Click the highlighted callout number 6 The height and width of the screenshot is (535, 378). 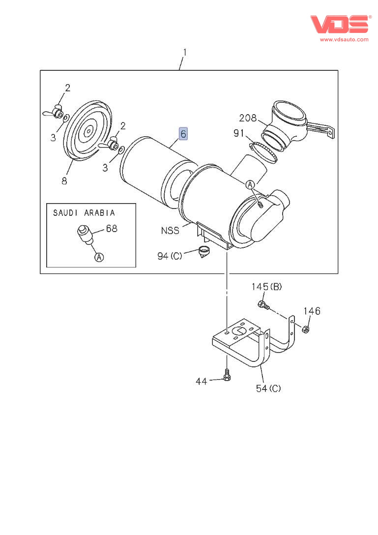click(183, 133)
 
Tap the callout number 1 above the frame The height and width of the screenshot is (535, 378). click(185, 52)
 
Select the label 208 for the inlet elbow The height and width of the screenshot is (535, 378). click(248, 118)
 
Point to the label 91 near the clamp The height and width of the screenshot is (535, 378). click(239, 133)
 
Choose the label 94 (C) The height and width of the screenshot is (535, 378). click(170, 256)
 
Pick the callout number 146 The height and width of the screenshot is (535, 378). click(311, 311)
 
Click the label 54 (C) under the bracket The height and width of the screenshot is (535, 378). click(268, 388)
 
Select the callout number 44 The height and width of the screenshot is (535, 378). click(202, 381)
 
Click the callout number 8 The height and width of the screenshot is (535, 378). click(64, 180)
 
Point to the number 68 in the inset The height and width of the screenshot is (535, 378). click(112, 229)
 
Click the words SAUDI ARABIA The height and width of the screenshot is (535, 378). click(84, 213)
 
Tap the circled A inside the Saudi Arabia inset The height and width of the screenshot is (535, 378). click(99, 257)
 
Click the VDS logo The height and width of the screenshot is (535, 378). click(339, 24)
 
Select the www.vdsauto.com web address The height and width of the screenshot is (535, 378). click(344, 39)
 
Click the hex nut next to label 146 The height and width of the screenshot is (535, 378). click(305, 329)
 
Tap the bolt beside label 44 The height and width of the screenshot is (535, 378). click(227, 375)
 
